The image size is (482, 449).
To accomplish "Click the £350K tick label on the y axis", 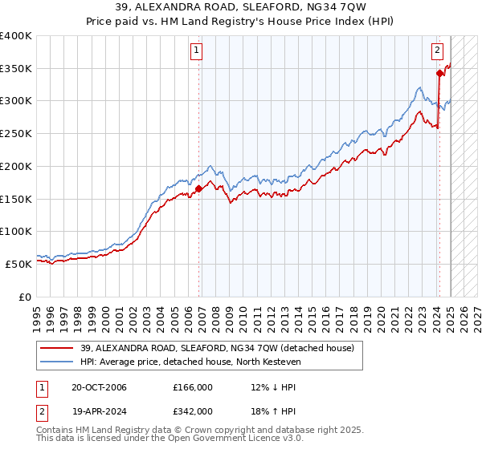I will (x=16, y=69).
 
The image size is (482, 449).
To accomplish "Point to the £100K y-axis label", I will (x=16, y=231).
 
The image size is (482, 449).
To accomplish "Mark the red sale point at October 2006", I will (x=198, y=189).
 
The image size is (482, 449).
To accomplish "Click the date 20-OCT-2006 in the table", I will (x=99, y=387).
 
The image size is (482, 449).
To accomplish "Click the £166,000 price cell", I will (x=192, y=387).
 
